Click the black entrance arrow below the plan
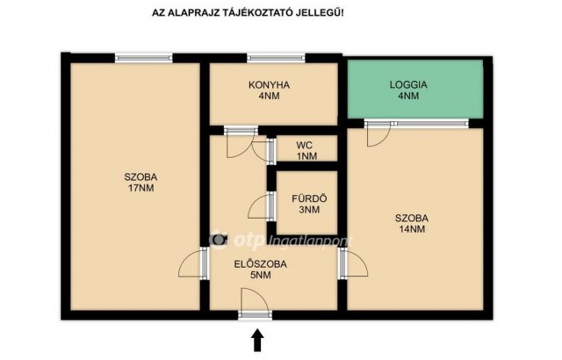coord(257,341)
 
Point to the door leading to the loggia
coord(378,134)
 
